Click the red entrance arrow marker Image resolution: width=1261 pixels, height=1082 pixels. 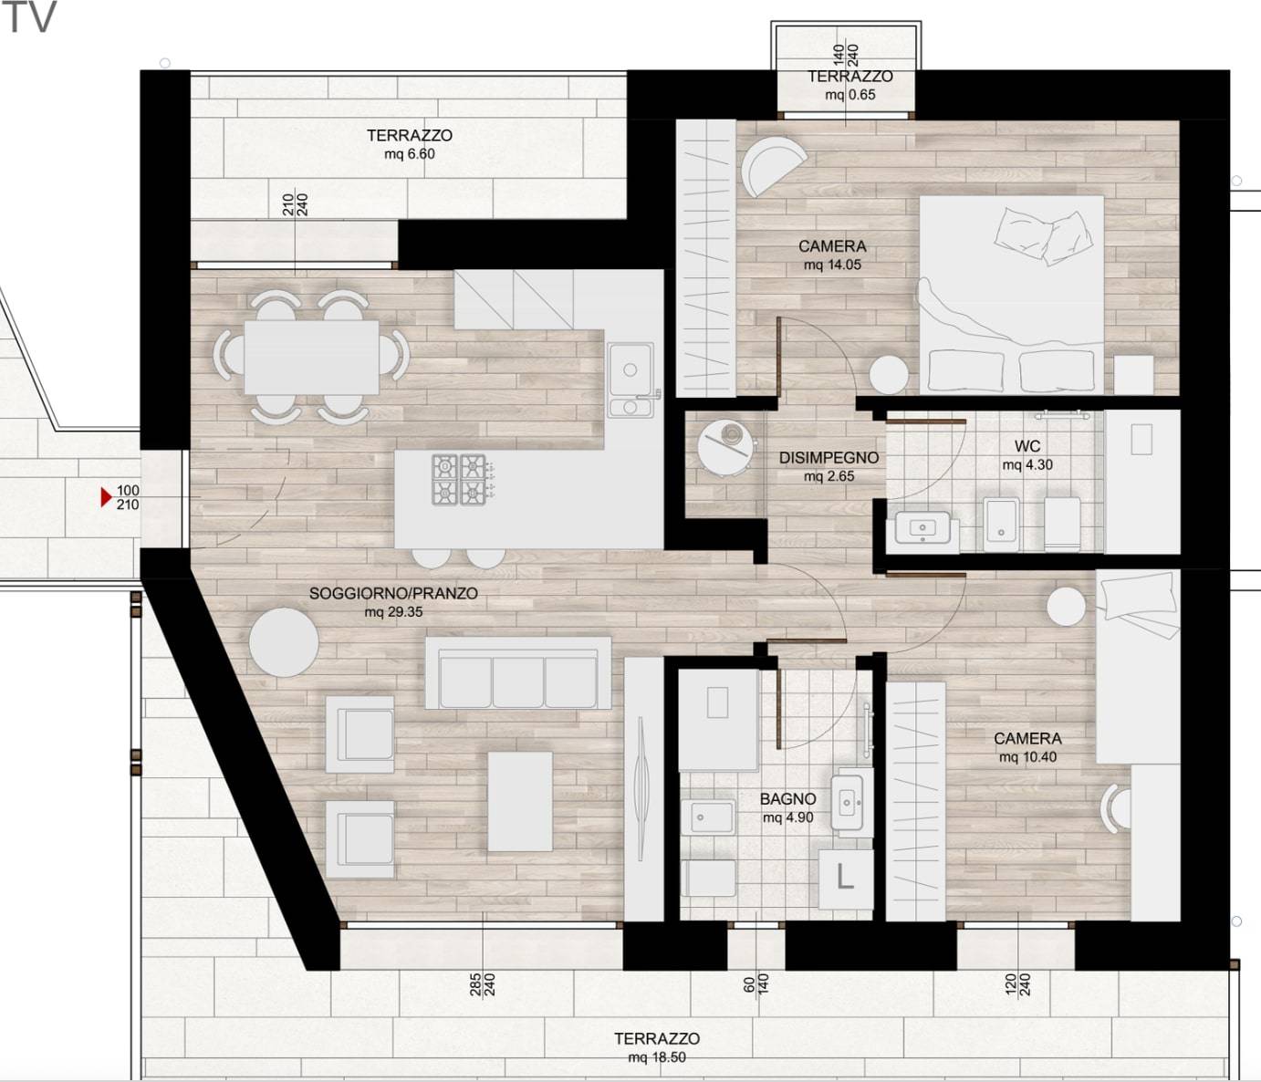106,497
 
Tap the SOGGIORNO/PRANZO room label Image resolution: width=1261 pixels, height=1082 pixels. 393,593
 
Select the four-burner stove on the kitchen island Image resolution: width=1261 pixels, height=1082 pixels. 459,479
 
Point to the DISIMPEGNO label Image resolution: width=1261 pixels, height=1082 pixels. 829,458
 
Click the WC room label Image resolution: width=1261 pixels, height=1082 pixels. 1027,446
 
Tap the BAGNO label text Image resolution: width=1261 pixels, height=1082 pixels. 788,798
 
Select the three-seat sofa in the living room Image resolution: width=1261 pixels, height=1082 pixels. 518,672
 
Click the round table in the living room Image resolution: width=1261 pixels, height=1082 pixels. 284,642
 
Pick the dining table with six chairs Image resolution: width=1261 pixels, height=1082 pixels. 311,357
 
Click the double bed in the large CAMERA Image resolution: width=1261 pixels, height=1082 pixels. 1012,295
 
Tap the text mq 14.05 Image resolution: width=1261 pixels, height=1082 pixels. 832,265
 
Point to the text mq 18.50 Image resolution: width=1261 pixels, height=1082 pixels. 657,1057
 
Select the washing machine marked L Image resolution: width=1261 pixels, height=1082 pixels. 846,879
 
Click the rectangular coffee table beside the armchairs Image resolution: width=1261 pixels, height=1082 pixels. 520,801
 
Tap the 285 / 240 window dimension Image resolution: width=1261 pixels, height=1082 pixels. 482,985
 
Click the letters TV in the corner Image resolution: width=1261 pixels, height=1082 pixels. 30,16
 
